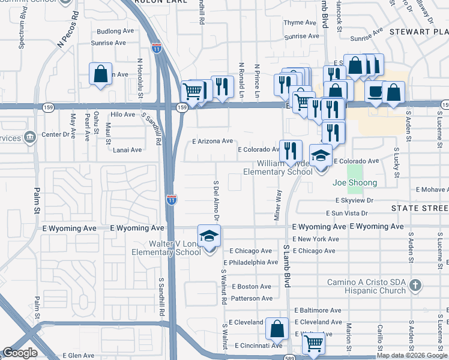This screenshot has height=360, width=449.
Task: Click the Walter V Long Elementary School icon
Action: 209,236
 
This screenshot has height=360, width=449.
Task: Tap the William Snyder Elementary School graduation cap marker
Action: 321,155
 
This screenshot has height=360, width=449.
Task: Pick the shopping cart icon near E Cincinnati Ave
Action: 313,344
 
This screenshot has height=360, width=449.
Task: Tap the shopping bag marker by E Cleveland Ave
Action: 277,329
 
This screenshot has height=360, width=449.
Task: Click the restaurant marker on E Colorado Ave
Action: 291,151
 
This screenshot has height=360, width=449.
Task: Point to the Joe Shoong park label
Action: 355,182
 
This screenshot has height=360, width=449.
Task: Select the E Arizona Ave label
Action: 212,141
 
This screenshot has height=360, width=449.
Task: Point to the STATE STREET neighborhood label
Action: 420,208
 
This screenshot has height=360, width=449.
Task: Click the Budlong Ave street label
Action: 115,31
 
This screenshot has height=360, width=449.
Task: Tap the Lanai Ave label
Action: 127,150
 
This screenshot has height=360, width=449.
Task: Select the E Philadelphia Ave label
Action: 250,262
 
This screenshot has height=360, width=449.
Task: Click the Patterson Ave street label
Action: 252,298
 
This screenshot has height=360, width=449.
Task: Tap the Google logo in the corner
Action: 20,353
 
